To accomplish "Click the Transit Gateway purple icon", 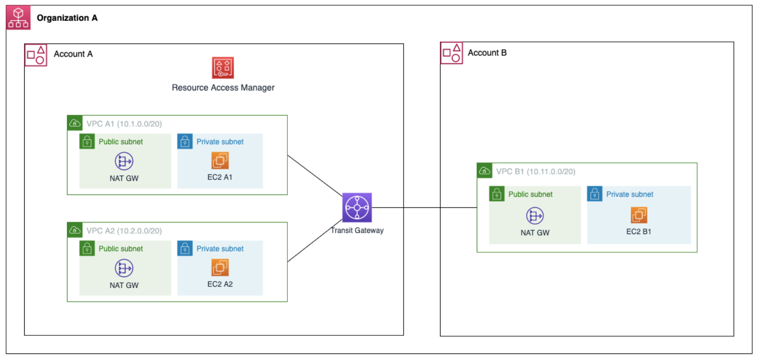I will click(x=357, y=207).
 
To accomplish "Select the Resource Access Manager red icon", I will click(x=223, y=68).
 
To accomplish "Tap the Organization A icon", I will click(x=18, y=18).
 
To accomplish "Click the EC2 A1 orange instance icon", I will click(x=220, y=160).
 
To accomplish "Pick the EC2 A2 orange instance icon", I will click(x=220, y=267).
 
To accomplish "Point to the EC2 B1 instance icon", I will click(x=639, y=215).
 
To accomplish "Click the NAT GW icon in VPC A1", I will click(x=124, y=161).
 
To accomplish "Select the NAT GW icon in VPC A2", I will click(x=124, y=268).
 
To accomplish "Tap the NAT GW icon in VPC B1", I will click(x=535, y=216).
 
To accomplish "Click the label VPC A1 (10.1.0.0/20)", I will click(x=124, y=124).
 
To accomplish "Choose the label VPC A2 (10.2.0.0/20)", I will click(x=124, y=231).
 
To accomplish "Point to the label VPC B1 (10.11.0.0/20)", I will click(x=535, y=172).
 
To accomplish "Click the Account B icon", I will click(x=451, y=53).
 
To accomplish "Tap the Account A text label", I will click(x=73, y=54).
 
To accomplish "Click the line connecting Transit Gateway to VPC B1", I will click(x=424, y=208).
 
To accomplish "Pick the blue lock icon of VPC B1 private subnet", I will click(x=594, y=194).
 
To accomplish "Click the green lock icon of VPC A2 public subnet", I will click(x=87, y=249).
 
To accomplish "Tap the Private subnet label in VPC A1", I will click(x=220, y=142).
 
